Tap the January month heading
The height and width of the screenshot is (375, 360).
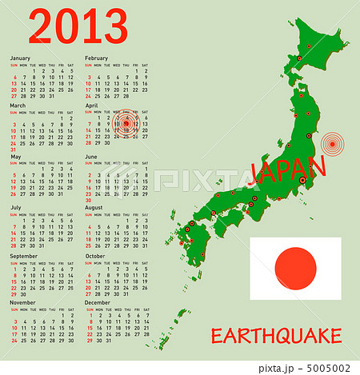20,58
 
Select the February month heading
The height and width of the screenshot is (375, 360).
96,58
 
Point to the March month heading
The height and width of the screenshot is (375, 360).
18,105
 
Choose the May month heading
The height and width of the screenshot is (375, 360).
15,156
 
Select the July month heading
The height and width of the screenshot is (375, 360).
15,207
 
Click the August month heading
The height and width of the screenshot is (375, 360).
94,207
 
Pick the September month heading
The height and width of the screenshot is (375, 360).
22,257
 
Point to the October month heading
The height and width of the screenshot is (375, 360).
95,257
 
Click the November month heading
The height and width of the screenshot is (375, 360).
22,303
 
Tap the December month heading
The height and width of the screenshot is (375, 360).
98,303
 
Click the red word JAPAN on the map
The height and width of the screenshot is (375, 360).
288,170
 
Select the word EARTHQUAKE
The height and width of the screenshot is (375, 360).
276,336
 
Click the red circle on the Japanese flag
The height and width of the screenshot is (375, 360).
295,268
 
